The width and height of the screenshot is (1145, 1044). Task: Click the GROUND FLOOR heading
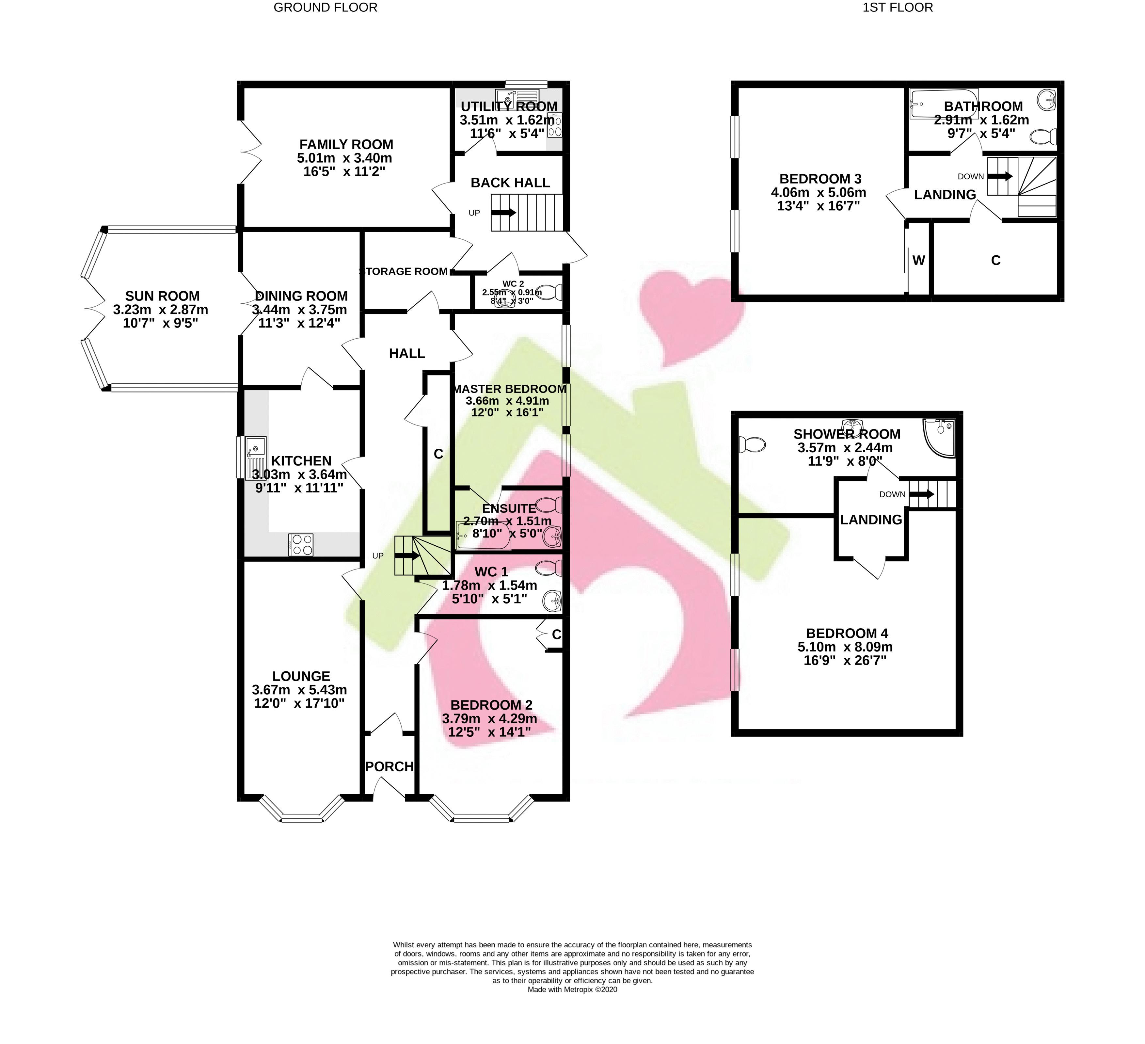click(326, 8)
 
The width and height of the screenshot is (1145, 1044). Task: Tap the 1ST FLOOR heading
click(898, 8)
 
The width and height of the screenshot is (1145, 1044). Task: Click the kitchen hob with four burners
click(300, 545)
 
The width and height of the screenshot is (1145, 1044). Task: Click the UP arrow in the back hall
click(504, 213)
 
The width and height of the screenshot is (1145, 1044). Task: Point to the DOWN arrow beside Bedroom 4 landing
click(922, 494)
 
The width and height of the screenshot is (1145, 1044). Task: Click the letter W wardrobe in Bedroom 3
click(918, 260)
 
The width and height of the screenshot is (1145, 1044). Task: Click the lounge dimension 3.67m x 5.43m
click(299, 690)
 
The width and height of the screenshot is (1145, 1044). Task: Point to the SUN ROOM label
click(163, 296)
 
